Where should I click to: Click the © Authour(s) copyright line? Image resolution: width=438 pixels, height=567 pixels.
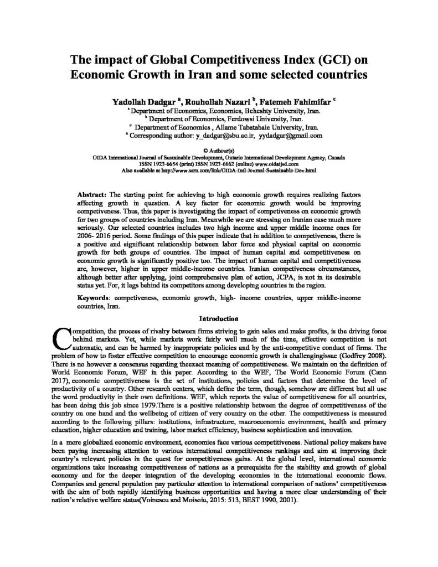point(219,150)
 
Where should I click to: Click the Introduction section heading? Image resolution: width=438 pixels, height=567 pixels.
point(219,318)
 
